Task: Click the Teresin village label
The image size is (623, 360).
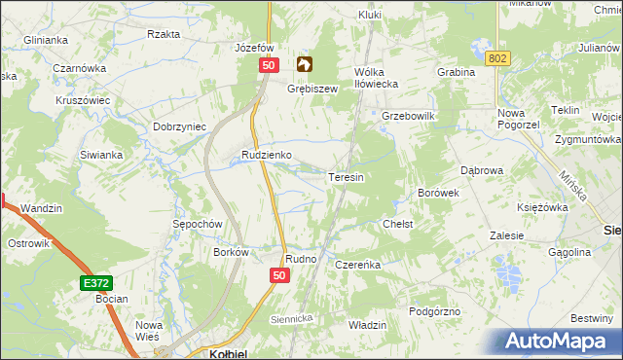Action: (x=347, y=178)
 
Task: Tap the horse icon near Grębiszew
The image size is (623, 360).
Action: (x=305, y=65)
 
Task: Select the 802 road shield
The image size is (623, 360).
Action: (x=498, y=59)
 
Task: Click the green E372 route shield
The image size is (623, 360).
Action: (x=93, y=282)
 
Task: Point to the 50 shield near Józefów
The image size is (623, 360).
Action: (x=271, y=64)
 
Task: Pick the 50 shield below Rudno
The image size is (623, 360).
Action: (x=279, y=276)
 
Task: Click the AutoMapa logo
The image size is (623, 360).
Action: (x=559, y=341)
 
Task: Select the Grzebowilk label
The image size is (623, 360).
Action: (x=407, y=116)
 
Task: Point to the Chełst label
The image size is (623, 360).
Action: (x=398, y=224)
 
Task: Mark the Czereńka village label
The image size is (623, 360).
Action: (x=356, y=264)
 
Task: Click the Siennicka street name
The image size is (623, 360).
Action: (x=289, y=317)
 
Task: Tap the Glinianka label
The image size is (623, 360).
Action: (x=47, y=40)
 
